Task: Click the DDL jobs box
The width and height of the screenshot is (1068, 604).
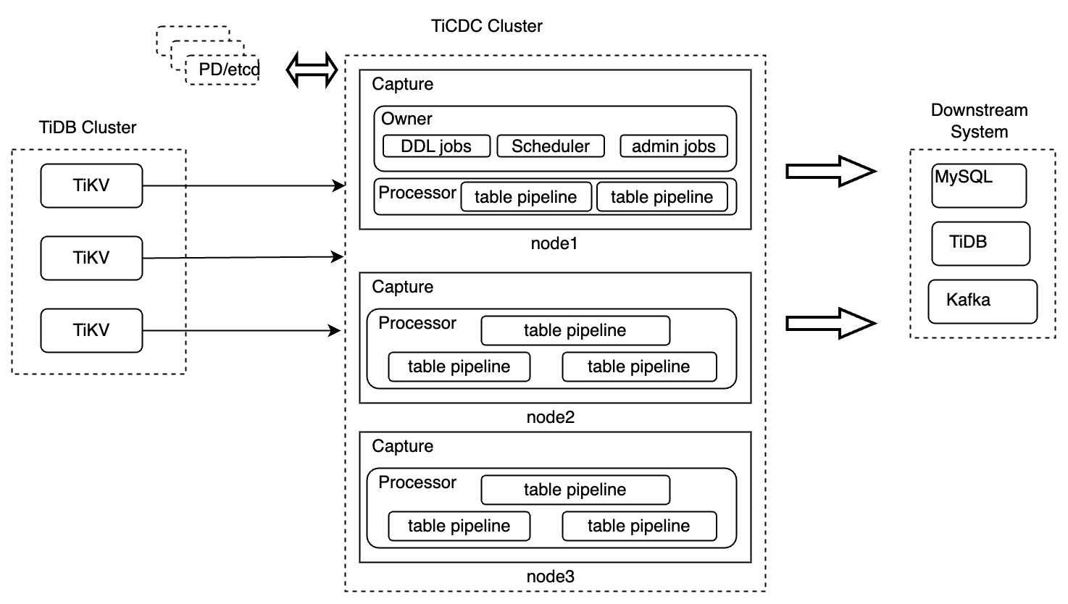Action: (436, 146)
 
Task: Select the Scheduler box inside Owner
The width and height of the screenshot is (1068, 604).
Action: (550, 146)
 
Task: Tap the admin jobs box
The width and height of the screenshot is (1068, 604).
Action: (673, 146)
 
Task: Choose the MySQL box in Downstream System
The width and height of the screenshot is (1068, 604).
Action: (978, 185)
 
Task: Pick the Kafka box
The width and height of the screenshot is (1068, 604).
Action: (982, 301)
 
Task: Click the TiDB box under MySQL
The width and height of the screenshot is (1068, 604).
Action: (980, 243)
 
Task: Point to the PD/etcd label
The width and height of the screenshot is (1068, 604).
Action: (228, 70)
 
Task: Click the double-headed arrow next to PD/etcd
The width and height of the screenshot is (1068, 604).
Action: (312, 70)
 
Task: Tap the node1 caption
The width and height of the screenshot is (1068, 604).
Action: (554, 243)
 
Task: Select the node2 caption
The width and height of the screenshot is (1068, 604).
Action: (550, 417)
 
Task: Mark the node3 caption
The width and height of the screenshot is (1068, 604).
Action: (550, 576)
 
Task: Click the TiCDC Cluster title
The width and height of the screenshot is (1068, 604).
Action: (486, 26)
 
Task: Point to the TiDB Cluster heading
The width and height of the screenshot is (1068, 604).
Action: (88, 127)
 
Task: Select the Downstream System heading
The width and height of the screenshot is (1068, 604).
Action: (979, 121)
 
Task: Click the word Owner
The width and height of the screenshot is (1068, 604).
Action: (406, 119)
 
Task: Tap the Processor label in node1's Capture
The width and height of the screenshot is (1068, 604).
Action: (417, 193)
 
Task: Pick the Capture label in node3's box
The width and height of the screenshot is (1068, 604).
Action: (402, 446)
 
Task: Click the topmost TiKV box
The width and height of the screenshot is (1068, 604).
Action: (91, 185)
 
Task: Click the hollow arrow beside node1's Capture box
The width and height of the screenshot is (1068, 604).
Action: (830, 172)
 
